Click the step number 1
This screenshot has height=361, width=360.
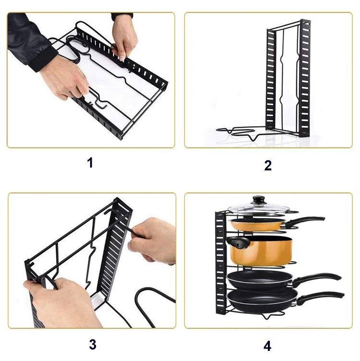click(90, 162)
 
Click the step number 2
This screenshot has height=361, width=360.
click(268, 166)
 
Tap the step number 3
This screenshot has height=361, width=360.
click(92, 344)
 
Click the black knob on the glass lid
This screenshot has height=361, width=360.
click(259, 199)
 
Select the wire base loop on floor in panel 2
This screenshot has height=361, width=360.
click(240, 132)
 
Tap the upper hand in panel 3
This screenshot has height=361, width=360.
click(154, 240)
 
